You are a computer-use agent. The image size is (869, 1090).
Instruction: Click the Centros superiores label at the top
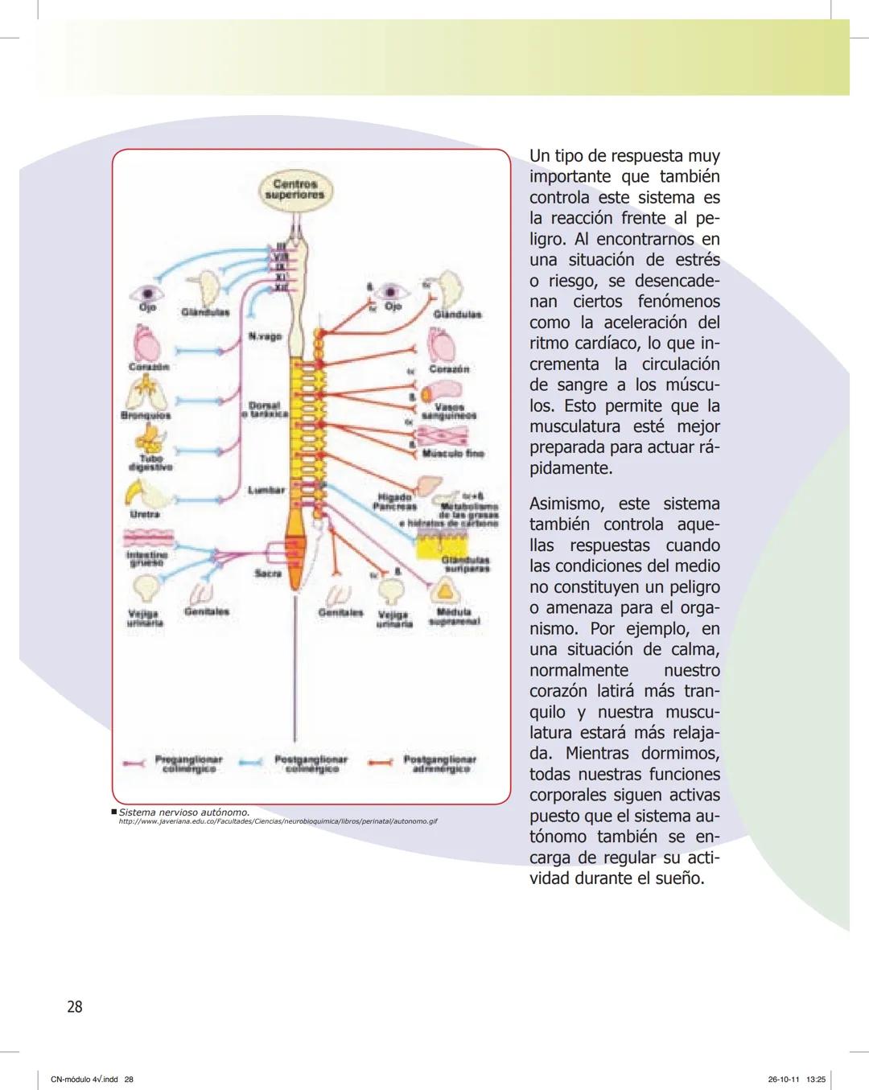coord(294,189)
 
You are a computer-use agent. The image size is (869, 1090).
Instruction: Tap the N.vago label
coord(265,336)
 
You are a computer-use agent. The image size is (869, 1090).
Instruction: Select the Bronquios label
coord(146,416)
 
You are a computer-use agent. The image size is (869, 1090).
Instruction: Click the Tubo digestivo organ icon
coord(150,438)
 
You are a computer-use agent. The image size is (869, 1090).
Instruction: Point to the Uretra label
coord(145,513)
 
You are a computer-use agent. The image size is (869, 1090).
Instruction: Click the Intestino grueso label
coord(147,558)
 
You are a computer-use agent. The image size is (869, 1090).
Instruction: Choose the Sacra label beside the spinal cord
coord(267,574)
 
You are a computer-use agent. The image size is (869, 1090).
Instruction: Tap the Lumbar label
coord(266,489)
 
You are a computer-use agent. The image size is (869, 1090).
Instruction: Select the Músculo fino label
coord(453,454)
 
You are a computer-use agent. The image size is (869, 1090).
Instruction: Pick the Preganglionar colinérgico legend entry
coord(187,763)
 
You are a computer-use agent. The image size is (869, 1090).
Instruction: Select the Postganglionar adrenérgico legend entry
coord(439,763)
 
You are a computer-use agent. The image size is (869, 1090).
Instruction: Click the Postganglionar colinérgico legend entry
coord(311,763)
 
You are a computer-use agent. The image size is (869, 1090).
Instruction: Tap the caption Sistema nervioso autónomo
coord(184,812)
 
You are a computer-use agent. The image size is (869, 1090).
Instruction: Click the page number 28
coord(75,1006)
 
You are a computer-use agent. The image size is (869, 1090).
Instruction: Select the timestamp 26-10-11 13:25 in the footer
coord(797,1079)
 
